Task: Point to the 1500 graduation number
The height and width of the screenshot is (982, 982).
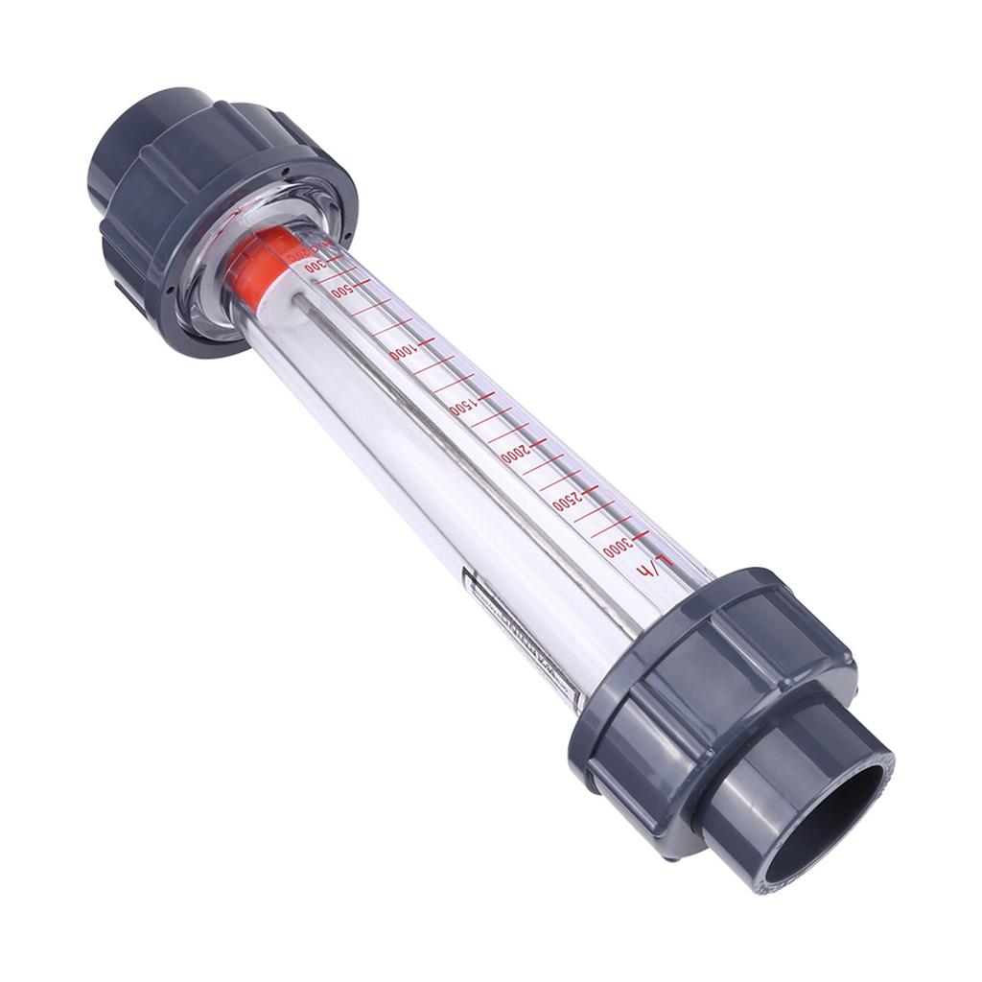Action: coord(460,407)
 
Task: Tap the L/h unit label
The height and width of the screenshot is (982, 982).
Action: coord(649,568)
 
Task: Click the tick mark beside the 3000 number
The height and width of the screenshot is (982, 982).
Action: coord(641,534)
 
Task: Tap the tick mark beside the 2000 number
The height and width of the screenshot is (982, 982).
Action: coord(537,440)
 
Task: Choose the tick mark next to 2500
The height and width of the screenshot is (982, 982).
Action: coord(589,487)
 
